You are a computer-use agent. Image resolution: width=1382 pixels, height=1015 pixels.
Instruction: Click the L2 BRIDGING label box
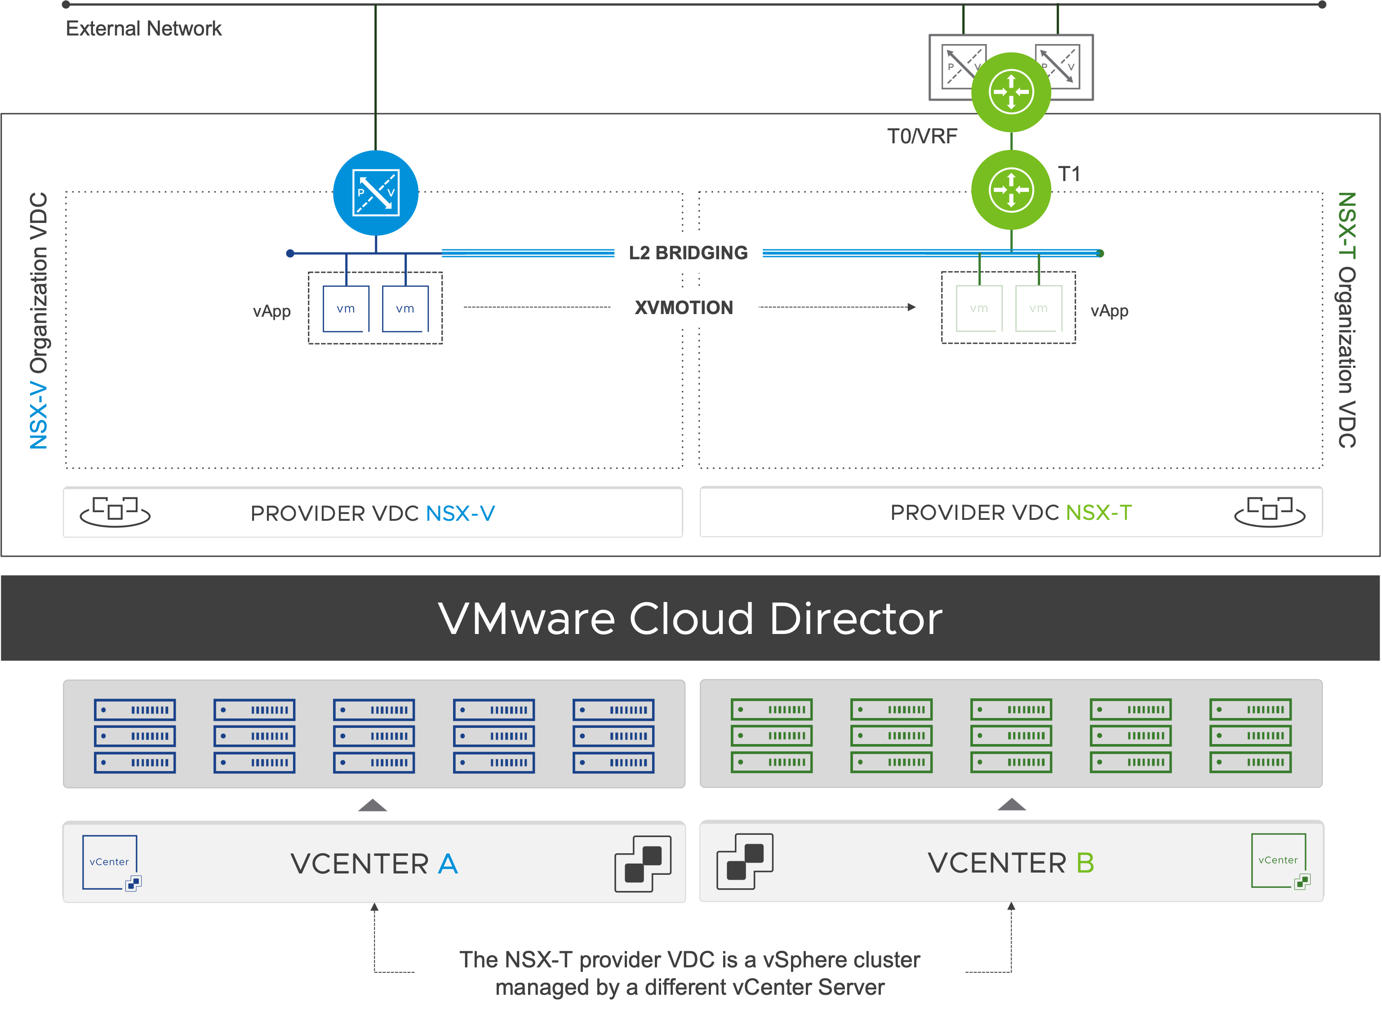pos(688,253)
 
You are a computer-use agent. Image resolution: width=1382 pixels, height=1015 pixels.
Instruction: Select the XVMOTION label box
pos(684,308)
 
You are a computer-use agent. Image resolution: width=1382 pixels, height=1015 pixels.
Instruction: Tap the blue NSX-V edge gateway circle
pos(375,193)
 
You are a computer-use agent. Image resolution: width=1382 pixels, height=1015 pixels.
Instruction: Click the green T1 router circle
pos(1011,190)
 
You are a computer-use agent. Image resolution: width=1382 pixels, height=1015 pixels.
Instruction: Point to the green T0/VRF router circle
pos(1011,92)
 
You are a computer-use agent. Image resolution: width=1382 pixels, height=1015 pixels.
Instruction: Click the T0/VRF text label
pos(922,136)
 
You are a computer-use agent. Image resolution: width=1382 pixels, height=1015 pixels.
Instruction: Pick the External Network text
pos(144,28)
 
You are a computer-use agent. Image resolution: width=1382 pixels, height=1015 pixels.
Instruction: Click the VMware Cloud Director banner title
pos(690,618)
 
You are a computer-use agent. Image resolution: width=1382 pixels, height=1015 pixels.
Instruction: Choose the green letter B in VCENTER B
pos(1085,863)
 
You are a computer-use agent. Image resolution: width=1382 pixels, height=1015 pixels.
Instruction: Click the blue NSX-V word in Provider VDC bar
pos(460,513)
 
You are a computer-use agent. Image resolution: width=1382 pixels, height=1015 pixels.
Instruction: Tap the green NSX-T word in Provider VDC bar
pos(1099,512)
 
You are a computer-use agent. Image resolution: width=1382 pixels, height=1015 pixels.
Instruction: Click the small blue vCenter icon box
pos(111,862)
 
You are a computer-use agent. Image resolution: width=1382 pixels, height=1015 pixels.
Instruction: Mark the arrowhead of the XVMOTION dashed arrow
pos(912,307)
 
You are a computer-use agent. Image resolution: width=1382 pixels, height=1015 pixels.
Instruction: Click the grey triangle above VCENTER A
pos(373,806)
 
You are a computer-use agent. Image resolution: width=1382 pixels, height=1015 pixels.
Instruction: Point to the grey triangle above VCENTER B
pos(1012,804)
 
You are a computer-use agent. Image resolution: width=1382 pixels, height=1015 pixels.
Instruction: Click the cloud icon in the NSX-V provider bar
pos(115,512)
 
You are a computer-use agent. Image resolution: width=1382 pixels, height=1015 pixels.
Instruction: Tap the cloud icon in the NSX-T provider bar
pos(1270,511)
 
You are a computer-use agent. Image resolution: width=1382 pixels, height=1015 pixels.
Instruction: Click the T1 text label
pos(1069,174)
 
